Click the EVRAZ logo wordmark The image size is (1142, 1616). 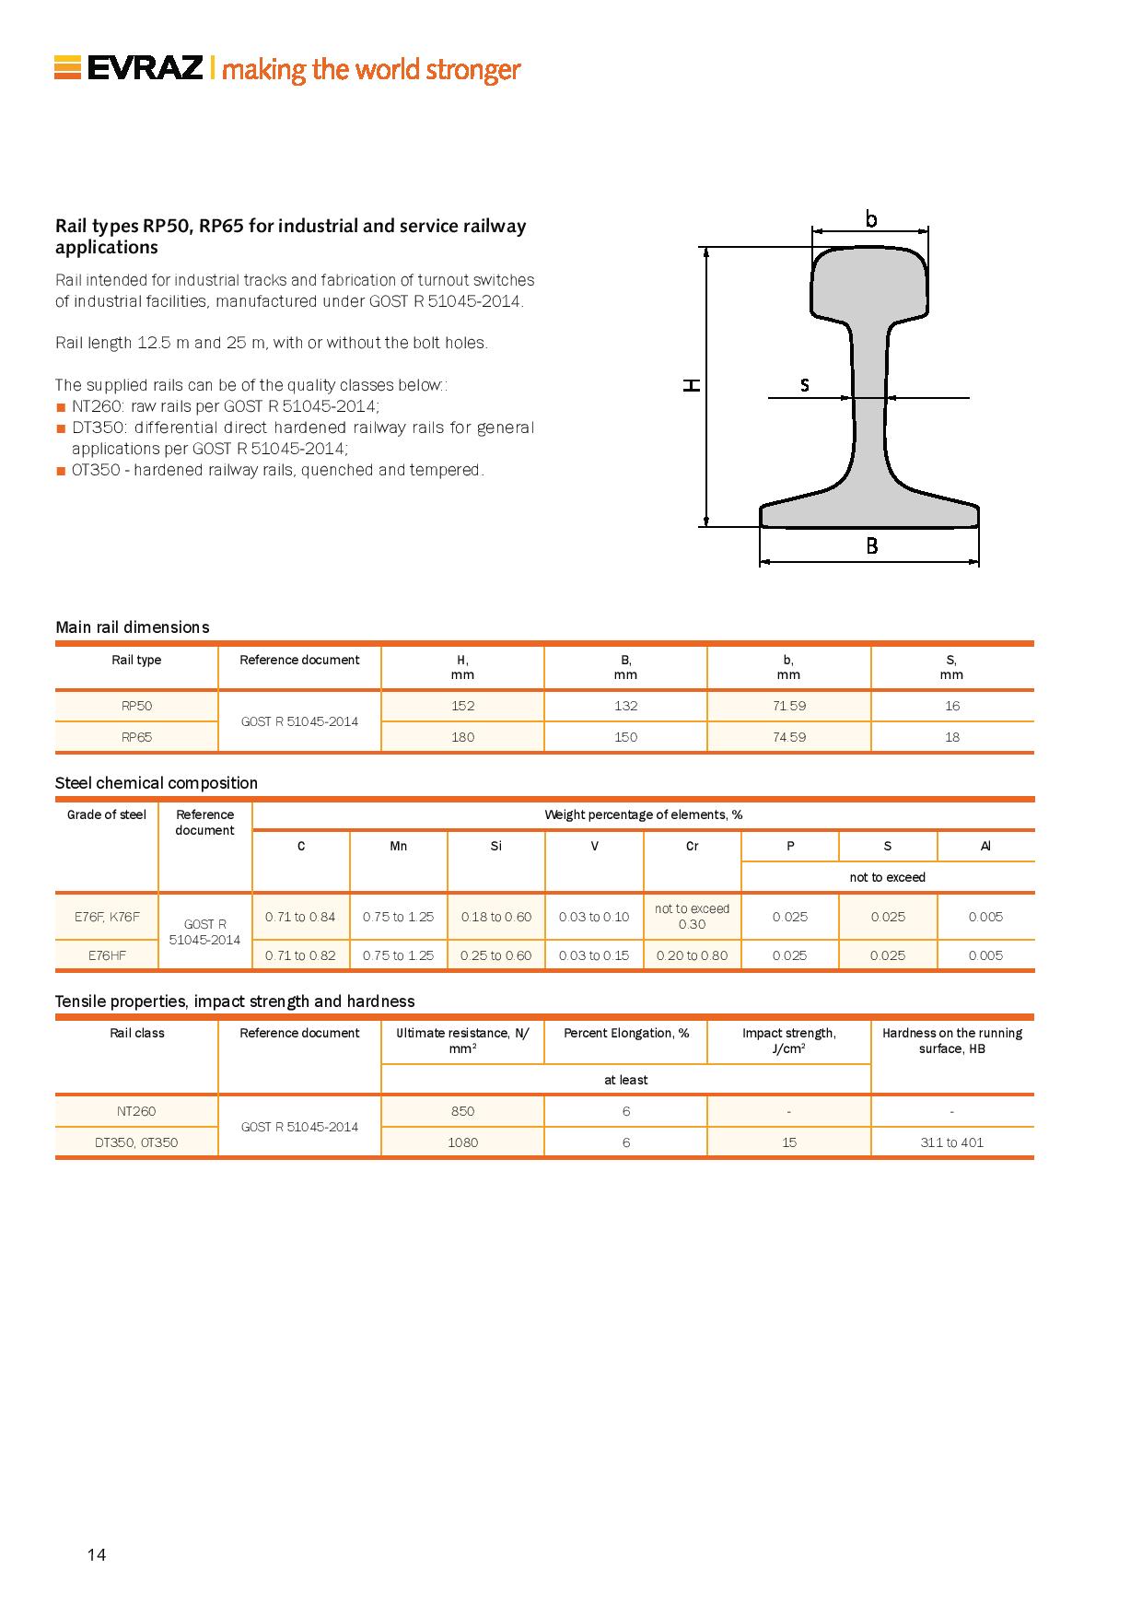pos(145,69)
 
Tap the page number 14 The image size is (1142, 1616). pos(97,1555)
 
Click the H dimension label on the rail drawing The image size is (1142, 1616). pos(692,385)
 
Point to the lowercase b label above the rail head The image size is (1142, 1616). pos(870,218)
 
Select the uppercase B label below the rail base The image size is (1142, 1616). pos(871,545)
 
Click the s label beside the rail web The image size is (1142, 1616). pos(805,385)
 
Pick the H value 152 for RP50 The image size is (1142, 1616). pos(462,706)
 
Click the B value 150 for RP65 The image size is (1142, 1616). pos(625,737)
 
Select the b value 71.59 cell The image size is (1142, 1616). pos(788,706)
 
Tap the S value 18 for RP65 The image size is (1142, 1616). pos(951,737)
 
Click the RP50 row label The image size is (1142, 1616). pos(136,706)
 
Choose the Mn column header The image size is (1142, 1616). pos(398,846)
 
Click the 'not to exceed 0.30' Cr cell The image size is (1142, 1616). pos(692,917)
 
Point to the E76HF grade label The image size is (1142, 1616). pos(107,955)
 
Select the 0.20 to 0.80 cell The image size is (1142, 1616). pos(692,955)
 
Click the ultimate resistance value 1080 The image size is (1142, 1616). pos(462,1142)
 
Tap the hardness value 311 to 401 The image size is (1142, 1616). pos(951,1142)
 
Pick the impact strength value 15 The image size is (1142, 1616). pos(788,1142)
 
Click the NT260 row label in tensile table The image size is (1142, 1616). pos(136,1111)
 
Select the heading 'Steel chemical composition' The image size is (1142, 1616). pos(157,783)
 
